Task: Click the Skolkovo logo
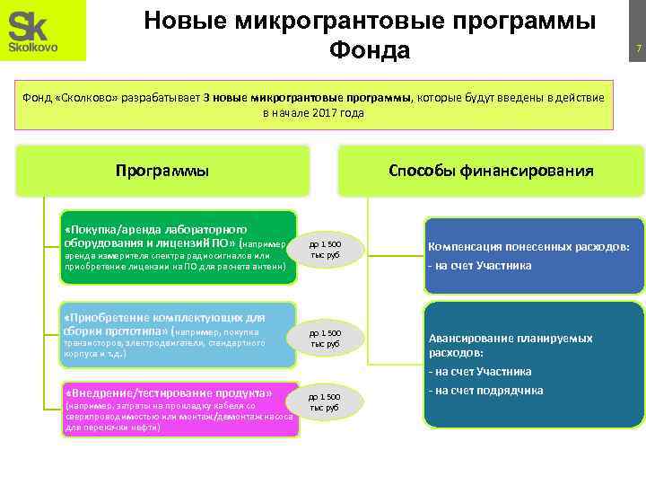point(43,31)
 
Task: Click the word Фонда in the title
point(370,50)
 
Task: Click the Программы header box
point(162,170)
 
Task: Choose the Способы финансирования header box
point(491,170)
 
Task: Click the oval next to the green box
point(325,249)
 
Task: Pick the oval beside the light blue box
point(325,338)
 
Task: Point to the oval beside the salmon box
point(325,401)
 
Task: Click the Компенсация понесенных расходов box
point(534,255)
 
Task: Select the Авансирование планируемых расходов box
point(534,364)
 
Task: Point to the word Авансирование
point(476,339)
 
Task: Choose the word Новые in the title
point(181,20)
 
